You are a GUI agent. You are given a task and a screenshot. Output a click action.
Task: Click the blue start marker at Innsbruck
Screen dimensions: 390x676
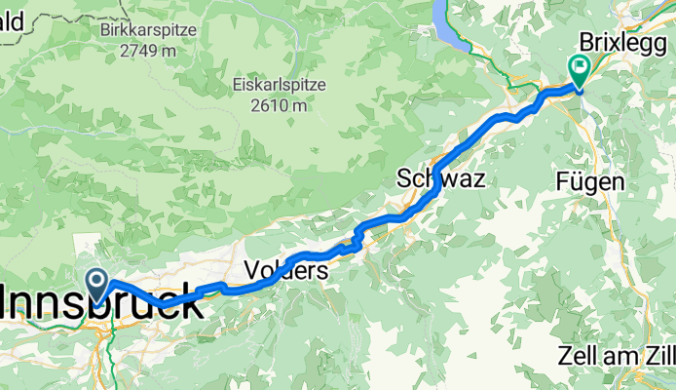pos(99,284)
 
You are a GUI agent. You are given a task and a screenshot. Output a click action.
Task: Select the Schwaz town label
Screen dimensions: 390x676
pos(440,178)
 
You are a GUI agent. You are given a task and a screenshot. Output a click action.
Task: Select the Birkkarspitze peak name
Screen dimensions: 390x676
pos(148,30)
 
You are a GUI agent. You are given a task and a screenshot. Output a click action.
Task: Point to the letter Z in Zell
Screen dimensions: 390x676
pos(568,355)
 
